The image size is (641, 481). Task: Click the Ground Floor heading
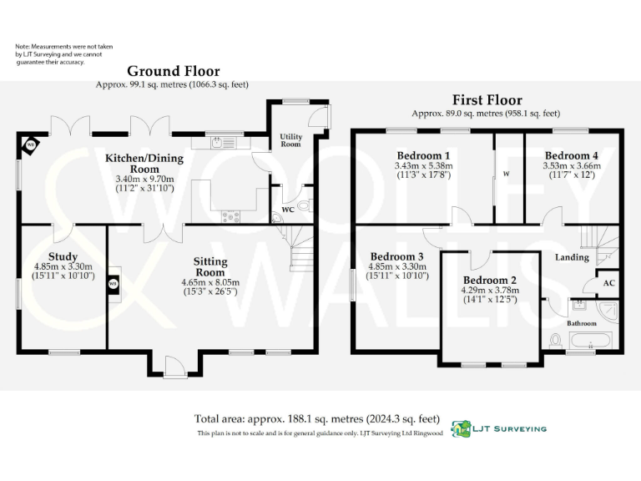click(x=173, y=72)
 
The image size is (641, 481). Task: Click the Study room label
click(x=63, y=256)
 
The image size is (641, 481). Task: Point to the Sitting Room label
click(x=210, y=267)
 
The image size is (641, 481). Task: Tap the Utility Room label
click(x=290, y=139)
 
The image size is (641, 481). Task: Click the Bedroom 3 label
click(x=397, y=256)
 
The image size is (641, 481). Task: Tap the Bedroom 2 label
click(x=490, y=280)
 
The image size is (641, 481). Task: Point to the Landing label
click(x=572, y=257)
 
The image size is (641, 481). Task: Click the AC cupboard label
click(x=609, y=284)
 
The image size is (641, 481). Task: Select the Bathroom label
click(x=582, y=322)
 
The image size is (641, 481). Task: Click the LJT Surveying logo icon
click(x=461, y=428)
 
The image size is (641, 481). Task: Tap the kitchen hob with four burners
click(x=230, y=216)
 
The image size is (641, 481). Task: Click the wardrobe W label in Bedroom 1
click(x=507, y=174)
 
